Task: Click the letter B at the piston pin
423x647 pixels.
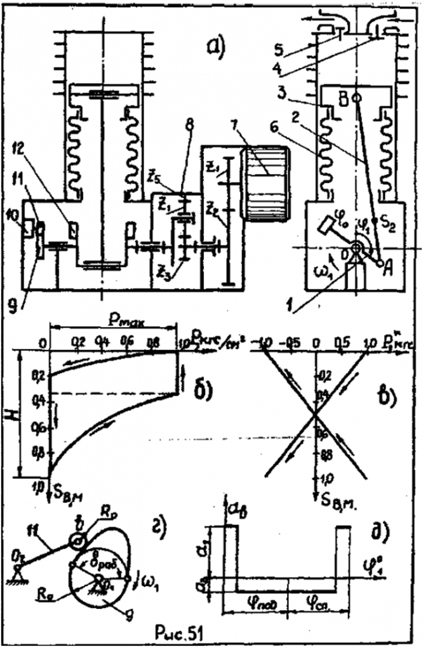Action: [344, 99]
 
